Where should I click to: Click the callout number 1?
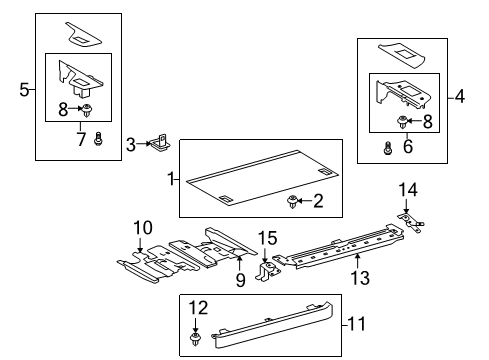171,179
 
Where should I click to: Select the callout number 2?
318,202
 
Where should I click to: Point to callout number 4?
459,97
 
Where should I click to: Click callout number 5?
24,90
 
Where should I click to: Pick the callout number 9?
240,281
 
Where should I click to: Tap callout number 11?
355,322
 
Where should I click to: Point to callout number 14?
407,189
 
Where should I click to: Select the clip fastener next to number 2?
294,203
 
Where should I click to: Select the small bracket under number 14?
409,218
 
